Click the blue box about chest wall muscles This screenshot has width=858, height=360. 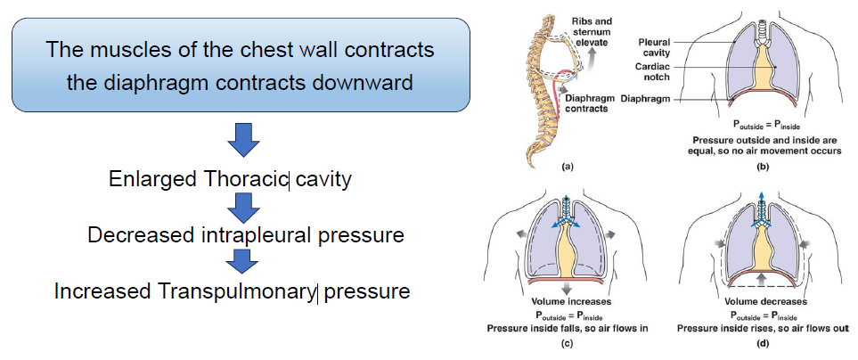click(x=241, y=65)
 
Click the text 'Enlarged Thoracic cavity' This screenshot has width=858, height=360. click(x=231, y=179)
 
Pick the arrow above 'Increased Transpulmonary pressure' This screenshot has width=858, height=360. click(x=241, y=263)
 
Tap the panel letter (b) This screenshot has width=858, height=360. click(x=761, y=167)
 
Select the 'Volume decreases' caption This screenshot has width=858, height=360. click(x=761, y=302)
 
